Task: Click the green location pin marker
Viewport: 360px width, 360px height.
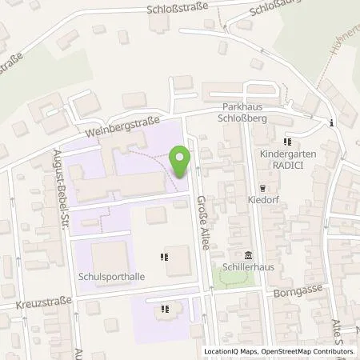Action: pyautogui.click(x=181, y=162)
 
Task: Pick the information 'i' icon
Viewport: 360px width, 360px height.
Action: pyautogui.click(x=332, y=122)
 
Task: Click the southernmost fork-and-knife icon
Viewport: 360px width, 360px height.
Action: pyautogui.click(x=165, y=308)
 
